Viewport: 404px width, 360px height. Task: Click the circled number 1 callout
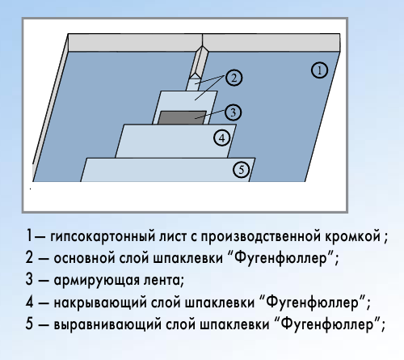(319, 70)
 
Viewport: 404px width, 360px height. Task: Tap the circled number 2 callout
(234, 78)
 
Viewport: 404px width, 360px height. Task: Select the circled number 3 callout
(233, 112)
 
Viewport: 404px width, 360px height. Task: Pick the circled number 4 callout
(222, 138)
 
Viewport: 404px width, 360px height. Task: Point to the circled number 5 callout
(241, 170)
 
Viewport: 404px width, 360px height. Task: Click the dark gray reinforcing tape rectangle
(182, 117)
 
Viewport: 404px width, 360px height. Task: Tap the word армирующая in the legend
(96, 281)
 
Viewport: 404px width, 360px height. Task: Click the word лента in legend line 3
(163, 280)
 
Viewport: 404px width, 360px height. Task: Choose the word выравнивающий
(107, 324)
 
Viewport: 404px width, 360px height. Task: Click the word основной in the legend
(84, 258)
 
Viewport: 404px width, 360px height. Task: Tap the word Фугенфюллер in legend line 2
(280, 258)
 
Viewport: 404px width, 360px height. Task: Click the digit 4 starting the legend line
(29, 302)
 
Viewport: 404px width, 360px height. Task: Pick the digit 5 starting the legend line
(29, 324)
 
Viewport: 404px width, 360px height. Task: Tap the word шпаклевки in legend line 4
(220, 303)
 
